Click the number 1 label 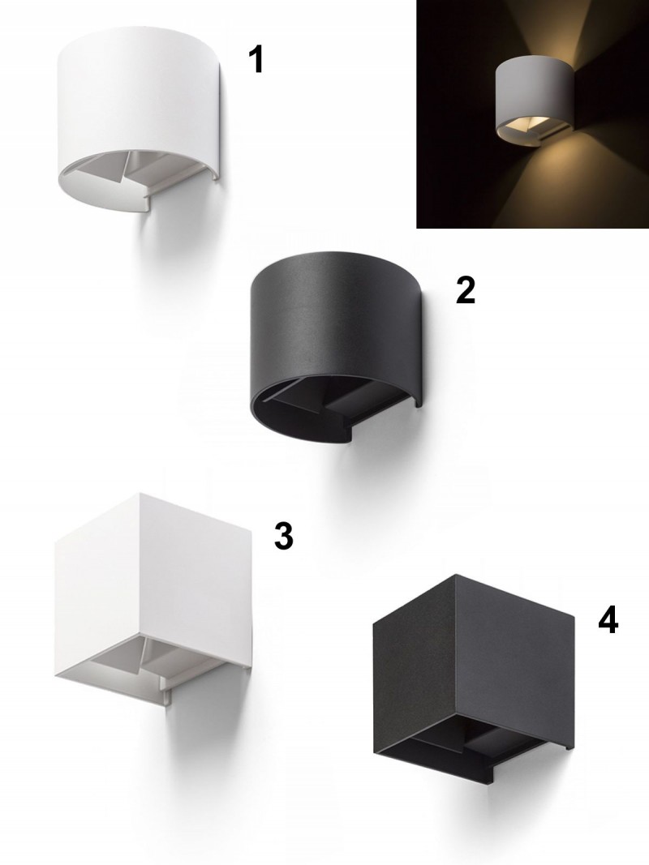pyautogui.click(x=256, y=60)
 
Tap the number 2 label pyautogui.click(x=465, y=290)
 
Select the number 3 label pyautogui.click(x=284, y=536)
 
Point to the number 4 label pyautogui.click(x=608, y=620)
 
